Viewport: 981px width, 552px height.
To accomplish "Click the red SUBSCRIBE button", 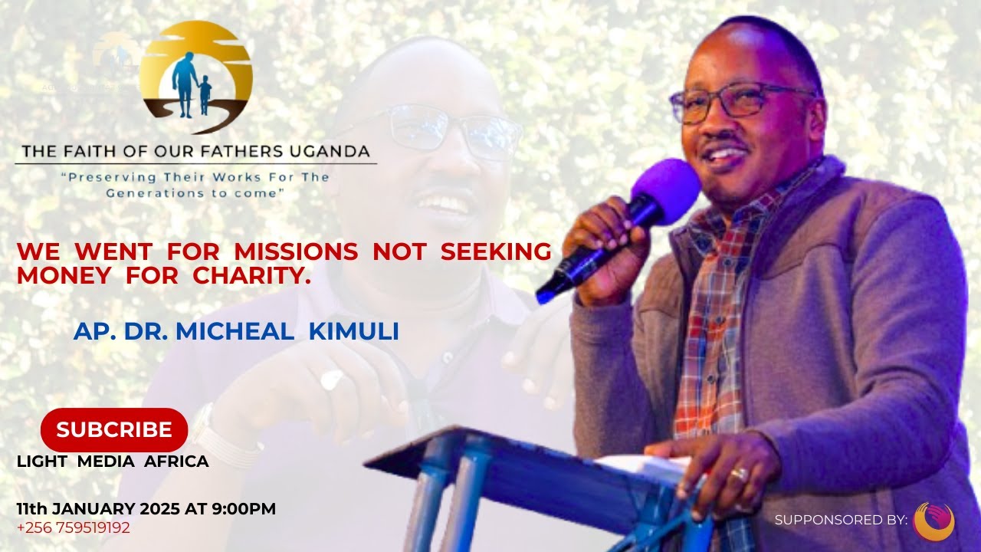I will (x=114, y=430).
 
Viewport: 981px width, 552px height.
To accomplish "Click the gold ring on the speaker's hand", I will (x=740, y=475).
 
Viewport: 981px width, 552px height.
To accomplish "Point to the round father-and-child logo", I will (x=196, y=77).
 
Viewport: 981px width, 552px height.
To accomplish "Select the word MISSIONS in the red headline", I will (x=296, y=251).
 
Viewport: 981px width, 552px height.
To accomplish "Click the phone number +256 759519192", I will (x=74, y=527).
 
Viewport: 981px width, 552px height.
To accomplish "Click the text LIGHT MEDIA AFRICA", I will (x=113, y=462).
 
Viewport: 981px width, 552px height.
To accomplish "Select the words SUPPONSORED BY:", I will (x=841, y=520).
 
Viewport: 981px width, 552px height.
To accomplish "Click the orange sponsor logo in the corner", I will (x=933, y=521).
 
